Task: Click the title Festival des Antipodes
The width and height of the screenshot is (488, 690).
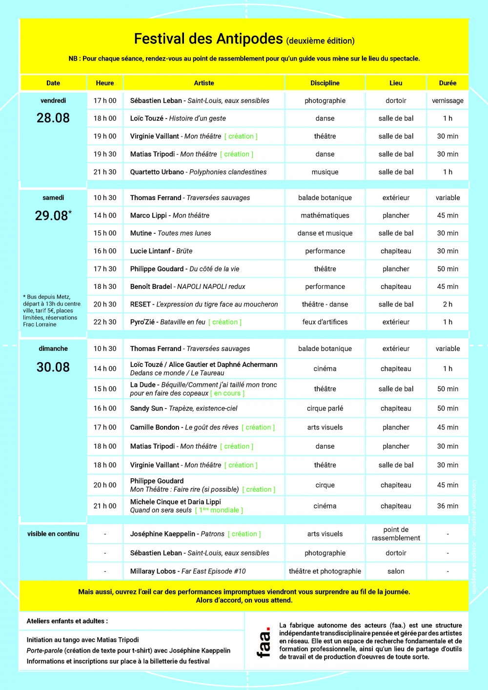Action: (208, 39)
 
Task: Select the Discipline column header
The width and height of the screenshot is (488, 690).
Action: (325, 83)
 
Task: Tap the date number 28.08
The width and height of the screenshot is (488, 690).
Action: (53, 118)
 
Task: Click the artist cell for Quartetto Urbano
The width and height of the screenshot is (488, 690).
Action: (198, 172)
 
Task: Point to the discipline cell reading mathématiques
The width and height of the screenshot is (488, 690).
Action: (325, 215)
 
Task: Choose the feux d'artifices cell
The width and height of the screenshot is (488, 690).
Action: (325, 322)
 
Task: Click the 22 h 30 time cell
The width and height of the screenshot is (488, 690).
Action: (105, 322)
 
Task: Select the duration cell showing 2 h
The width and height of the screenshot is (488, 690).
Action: (447, 304)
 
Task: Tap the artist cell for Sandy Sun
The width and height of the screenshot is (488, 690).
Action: (183, 408)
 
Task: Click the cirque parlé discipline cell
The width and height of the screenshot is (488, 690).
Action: (325, 408)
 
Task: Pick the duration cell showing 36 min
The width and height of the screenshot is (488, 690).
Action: (447, 506)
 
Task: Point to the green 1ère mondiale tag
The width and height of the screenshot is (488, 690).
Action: (219, 510)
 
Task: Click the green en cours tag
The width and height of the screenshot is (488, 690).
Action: (227, 393)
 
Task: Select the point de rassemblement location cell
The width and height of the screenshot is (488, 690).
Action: (396, 534)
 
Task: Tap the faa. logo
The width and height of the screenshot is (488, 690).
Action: (264, 642)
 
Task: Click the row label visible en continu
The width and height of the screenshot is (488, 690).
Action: (53, 534)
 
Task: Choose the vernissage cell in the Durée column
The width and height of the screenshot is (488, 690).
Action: (447, 101)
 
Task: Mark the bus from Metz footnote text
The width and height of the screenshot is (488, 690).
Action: (52, 310)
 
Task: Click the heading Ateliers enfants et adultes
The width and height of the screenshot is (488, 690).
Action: (67, 621)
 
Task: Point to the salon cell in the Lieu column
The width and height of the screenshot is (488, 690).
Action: (396, 571)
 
